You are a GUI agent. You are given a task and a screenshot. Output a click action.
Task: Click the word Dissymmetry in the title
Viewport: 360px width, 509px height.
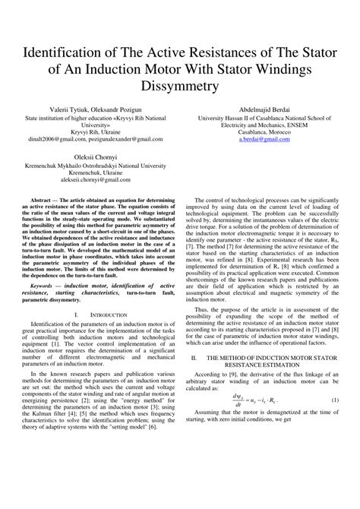click(179, 87)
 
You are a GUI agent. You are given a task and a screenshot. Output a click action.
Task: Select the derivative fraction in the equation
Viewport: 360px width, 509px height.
click(238, 400)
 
